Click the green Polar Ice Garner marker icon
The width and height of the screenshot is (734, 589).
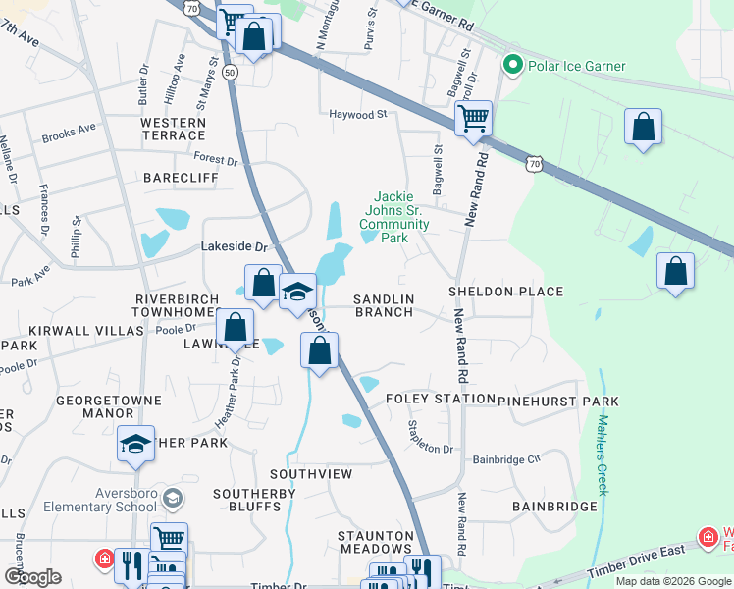(x=511, y=66)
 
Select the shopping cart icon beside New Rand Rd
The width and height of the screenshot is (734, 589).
(x=473, y=119)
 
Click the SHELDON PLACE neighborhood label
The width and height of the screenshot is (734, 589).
(x=505, y=292)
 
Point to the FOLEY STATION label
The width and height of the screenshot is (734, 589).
(x=440, y=400)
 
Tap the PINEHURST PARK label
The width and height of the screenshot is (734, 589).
(x=557, y=402)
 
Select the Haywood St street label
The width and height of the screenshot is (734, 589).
(x=358, y=115)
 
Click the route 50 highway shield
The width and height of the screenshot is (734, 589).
(x=230, y=73)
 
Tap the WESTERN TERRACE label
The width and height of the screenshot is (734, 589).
(x=173, y=129)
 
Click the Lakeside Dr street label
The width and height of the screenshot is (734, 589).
(x=235, y=248)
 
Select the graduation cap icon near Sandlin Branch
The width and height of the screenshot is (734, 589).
(x=297, y=292)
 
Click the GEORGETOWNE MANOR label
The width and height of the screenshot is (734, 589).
(x=93, y=407)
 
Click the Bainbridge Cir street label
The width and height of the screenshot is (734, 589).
(x=506, y=458)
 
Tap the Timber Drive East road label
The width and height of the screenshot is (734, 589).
(x=644, y=555)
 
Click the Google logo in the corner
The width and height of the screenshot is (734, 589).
(x=32, y=577)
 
